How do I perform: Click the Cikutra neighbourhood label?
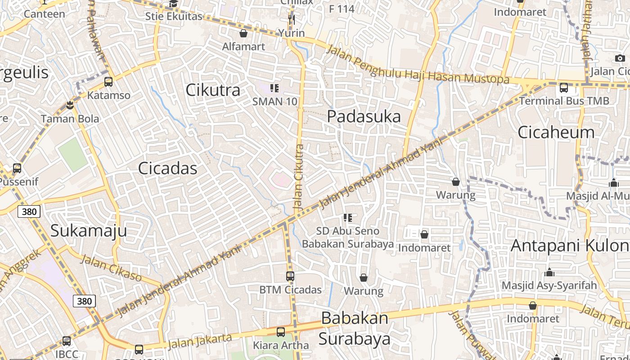tap(213, 90)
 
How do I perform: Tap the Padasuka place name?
tap(364, 116)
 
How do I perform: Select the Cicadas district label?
tap(167, 168)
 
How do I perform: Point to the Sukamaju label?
tap(88, 230)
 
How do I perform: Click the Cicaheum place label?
tap(556, 132)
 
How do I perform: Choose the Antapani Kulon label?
tap(570, 246)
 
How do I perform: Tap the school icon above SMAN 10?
tap(274, 88)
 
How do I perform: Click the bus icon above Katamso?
tap(108, 82)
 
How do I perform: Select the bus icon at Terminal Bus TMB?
tap(564, 88)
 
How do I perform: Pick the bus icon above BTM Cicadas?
tap(290, 276)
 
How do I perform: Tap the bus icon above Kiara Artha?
tap(281, 332)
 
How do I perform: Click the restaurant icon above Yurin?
tap(291, 19)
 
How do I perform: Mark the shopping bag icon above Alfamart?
tap(243, 33)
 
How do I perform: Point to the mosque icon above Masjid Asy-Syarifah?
tap(549, 272)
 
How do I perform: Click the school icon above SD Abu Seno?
tap(347, 218)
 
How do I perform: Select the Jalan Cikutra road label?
tap(299, 177)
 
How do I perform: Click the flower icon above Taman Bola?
tap(70, 105)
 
